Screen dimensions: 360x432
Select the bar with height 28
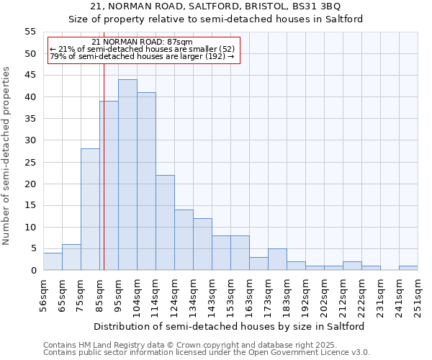90,210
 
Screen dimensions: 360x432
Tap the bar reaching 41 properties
146,181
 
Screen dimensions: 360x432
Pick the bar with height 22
165,222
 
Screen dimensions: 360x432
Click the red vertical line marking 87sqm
104,180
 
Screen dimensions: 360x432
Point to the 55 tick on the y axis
30,32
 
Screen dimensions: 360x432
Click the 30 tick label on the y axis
30,140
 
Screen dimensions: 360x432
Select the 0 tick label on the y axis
33,271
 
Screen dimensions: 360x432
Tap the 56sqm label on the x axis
44,296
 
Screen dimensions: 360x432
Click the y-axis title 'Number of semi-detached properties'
6,156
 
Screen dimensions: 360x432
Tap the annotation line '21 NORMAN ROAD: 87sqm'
143,42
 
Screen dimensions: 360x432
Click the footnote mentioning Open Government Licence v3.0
207,352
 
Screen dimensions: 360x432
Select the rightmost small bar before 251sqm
408,268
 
